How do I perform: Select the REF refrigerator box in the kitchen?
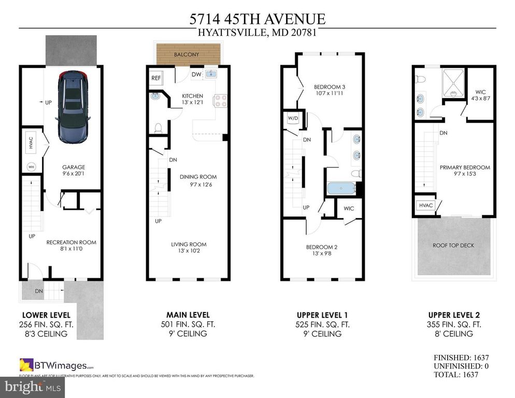coord(155,78)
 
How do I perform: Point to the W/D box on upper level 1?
coord(293,118)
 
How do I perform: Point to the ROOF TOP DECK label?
coord(453,245)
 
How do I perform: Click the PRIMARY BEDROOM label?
coord(465,167)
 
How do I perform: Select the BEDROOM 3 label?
coord(330,87)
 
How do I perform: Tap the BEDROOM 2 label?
coord(321,247)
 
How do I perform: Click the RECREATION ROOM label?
coord(71,242)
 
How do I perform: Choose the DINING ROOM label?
coord(198,177)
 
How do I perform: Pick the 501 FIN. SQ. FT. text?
coord(188,324)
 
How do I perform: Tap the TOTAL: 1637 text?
coord(461,374)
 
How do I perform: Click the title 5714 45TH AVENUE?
coord(257,19)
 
